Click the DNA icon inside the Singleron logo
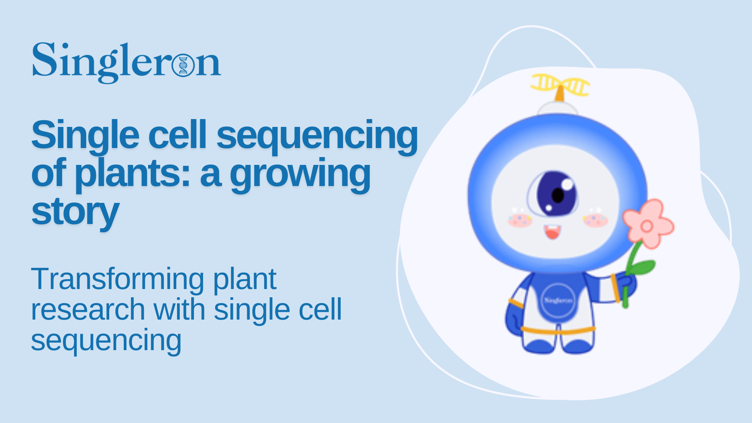pos(183,65)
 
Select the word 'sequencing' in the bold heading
pos(317,136)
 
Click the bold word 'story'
pos(75,212)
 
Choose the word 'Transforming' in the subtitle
pos(117,279)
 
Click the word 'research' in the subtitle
pos(88,310)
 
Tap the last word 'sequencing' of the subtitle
pos(106,340)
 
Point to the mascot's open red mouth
pos(552,232)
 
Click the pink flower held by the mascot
pos(647,225)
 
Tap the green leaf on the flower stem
pos(642,268)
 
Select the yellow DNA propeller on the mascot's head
pos(560,85)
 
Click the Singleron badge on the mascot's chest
pos(558,300)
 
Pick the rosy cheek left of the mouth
pos(520,220)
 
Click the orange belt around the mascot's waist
pos(558,330)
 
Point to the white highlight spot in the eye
pos(567,184)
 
